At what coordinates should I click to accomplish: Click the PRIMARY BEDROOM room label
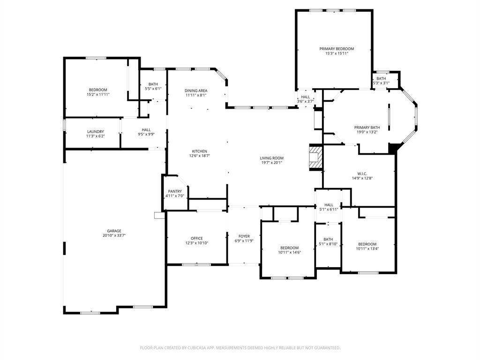337,49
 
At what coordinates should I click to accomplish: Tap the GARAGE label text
114,231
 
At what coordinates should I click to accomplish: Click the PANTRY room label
175,191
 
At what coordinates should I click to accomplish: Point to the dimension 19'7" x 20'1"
271,163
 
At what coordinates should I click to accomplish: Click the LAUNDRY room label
96,132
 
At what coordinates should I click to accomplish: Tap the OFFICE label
196,238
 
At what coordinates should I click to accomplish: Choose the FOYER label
244,236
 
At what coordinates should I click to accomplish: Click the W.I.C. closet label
362,173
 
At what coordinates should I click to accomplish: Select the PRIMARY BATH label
367,127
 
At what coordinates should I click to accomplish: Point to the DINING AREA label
196,90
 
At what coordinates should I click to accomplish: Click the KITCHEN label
200,151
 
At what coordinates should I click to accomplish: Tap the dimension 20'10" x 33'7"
114,235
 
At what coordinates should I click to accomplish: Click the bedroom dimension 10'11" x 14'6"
290,253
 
